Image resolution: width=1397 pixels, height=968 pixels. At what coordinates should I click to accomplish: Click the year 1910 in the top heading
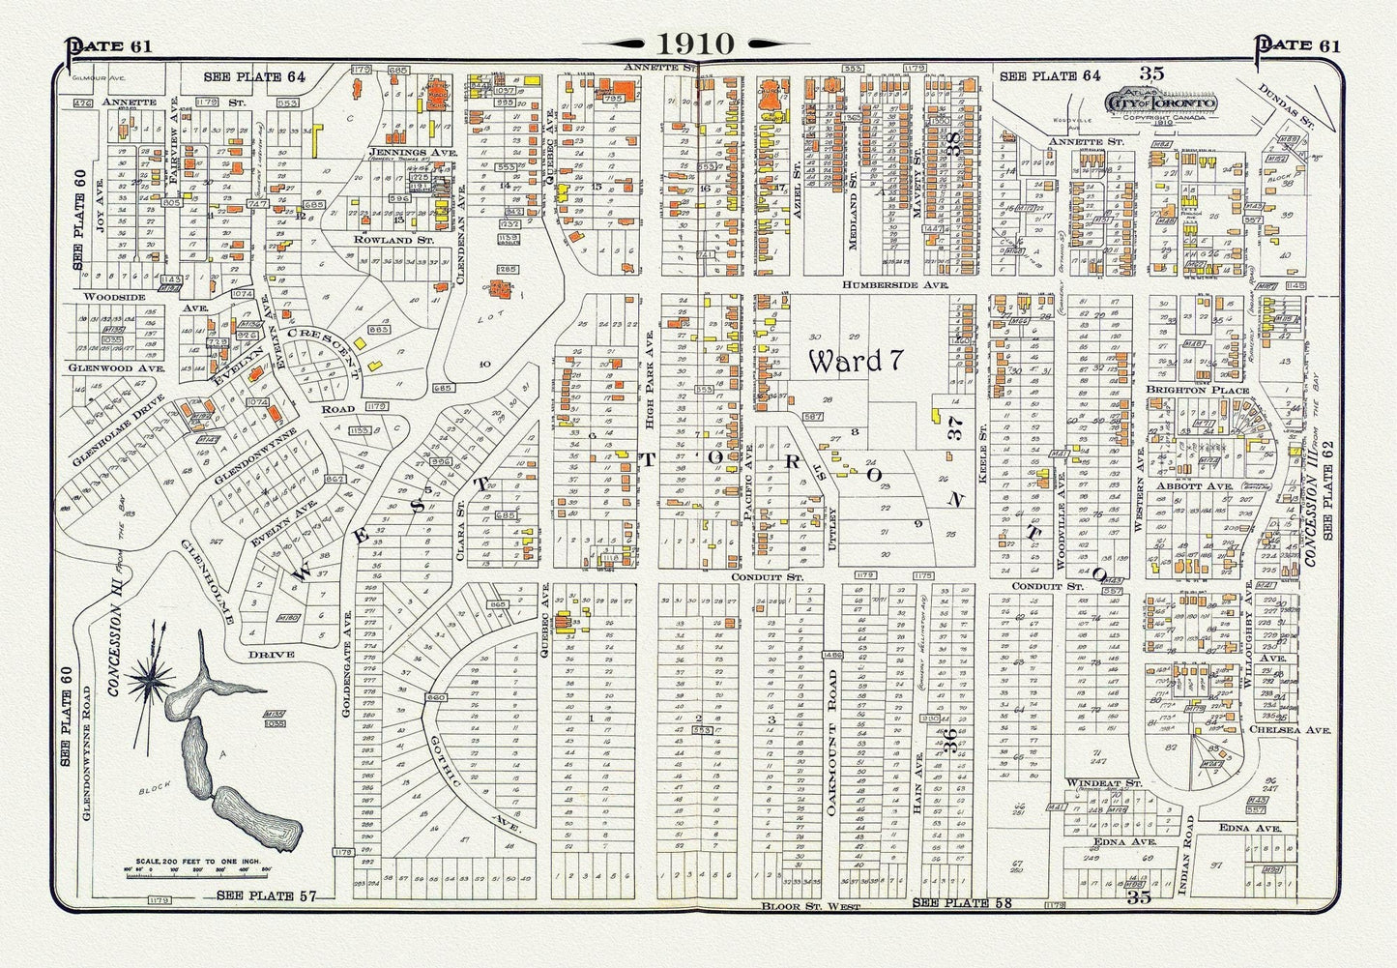697,44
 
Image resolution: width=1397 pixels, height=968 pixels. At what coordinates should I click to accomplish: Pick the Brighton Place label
1197,391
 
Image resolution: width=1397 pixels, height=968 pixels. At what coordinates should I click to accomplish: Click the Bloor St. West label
794,907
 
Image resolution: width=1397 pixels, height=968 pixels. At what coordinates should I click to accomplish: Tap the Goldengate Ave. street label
346,638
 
